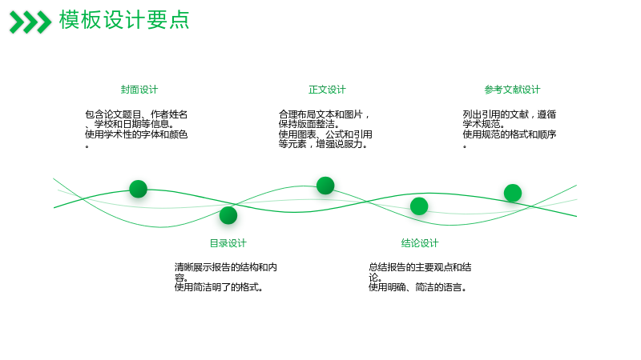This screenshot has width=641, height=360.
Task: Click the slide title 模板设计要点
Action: [x=124, y=20]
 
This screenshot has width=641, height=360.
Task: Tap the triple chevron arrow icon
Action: [x=30, y=22]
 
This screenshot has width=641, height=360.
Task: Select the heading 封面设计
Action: [x=139, y=90]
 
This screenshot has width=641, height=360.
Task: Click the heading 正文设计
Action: [x=327, y=90]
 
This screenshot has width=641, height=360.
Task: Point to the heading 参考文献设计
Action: [x=512, y=90]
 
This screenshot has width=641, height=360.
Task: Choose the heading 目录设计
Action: [x=228, y=243]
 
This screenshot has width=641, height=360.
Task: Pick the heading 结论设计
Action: [x=419, y=243]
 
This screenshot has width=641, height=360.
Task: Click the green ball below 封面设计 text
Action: [x=138, y=189]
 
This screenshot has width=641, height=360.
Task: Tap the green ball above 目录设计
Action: [x=228, y=215]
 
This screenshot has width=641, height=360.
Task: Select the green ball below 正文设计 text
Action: [x=325, y=186]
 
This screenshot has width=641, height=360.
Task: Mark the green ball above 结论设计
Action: [x=419, y=206]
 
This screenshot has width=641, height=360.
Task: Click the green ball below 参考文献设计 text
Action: [x=513, y=193]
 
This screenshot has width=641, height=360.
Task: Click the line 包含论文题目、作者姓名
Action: [x=136, y=114]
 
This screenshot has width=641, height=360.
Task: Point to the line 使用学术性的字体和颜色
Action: [x=136, y=134]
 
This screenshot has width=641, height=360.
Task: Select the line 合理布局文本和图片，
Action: [x=325, y=114]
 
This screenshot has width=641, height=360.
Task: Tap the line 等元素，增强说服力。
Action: [x=323, y=144]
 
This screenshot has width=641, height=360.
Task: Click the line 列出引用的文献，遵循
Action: [x=510, y=114]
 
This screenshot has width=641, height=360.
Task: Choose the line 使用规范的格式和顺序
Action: [x=510, y=134]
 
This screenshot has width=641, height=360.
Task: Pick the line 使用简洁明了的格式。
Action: [x=219, y=287]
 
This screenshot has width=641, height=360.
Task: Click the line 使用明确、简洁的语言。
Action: [x=417, y=287]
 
